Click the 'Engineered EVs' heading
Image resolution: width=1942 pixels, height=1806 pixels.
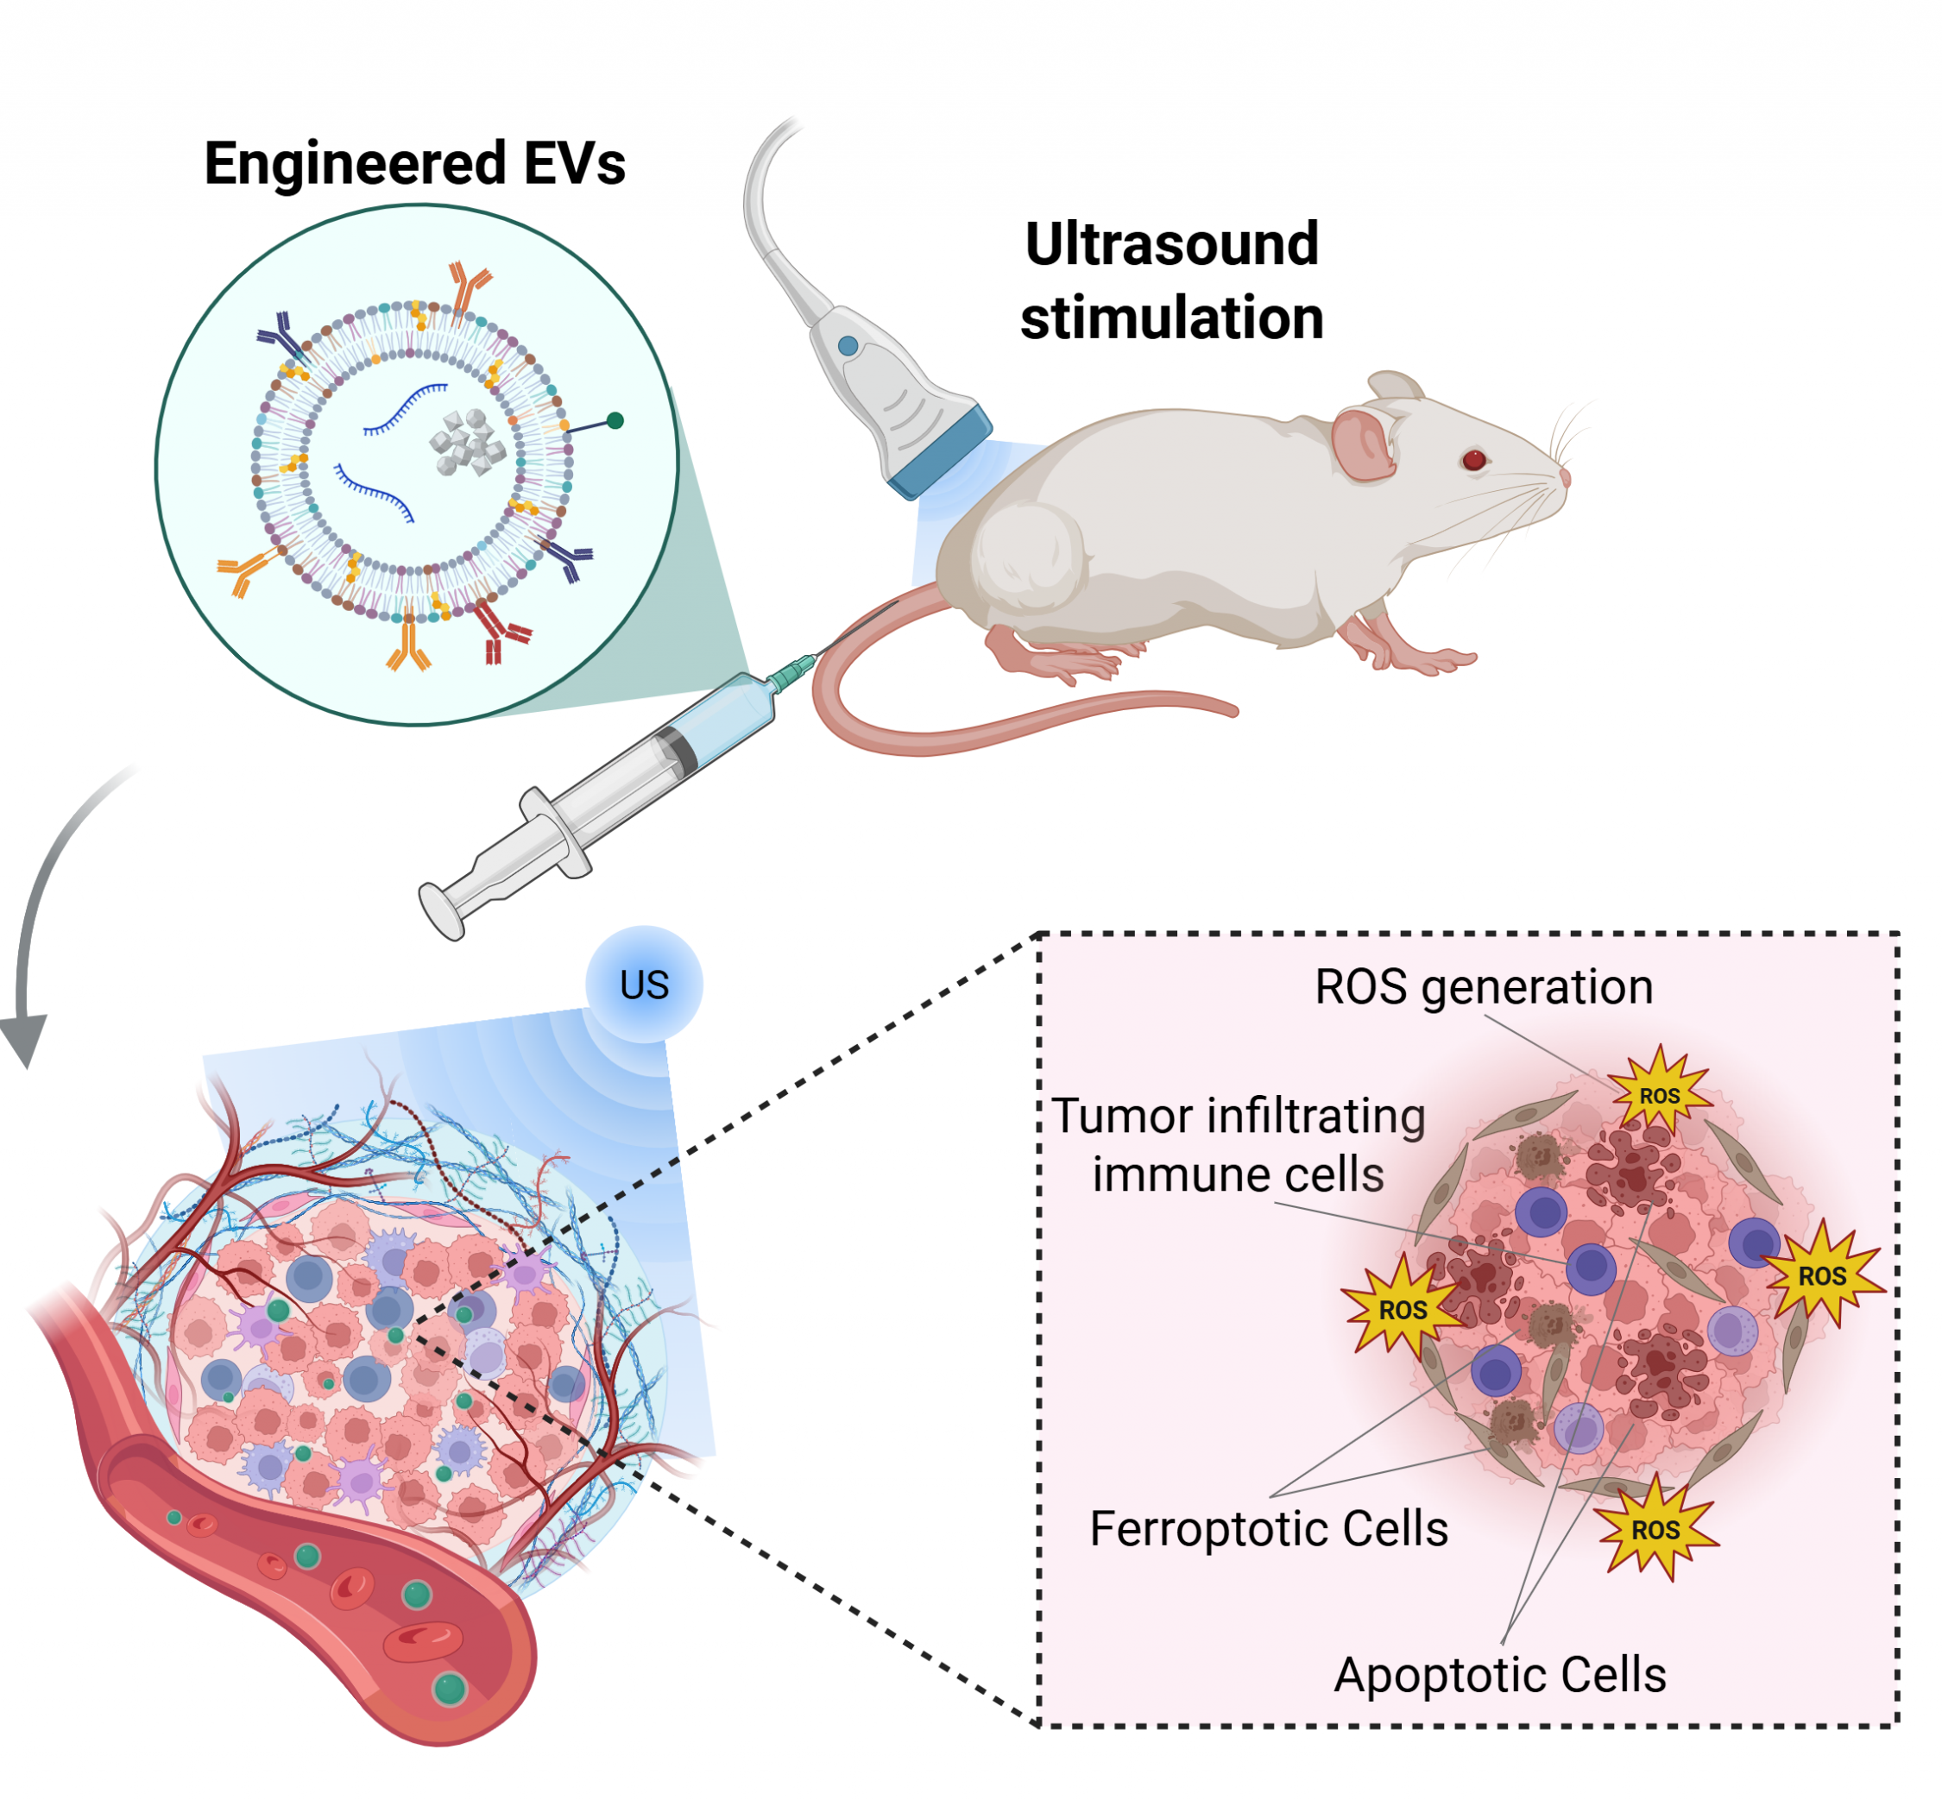414,163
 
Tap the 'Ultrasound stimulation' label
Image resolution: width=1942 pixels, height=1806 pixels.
1171,280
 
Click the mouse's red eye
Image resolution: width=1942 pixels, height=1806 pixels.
1474,459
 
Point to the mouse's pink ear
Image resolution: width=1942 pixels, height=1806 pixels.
1363,444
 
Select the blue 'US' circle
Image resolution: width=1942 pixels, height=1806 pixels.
644,985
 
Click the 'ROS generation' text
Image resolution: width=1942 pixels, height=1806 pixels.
1483,986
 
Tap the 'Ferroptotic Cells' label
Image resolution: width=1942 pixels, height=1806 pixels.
1268,1529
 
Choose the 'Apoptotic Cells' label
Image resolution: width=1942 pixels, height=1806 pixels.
1499,1675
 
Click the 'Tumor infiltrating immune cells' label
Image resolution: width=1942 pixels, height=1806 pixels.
1238,1144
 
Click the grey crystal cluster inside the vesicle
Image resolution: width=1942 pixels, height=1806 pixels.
468,443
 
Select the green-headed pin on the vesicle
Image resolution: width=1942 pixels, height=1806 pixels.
615,421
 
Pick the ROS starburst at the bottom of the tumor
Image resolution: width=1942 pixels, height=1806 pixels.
1655,1530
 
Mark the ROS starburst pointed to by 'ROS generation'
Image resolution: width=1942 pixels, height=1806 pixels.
1660,1095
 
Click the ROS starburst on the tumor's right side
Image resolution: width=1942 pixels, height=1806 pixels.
1822,1275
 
